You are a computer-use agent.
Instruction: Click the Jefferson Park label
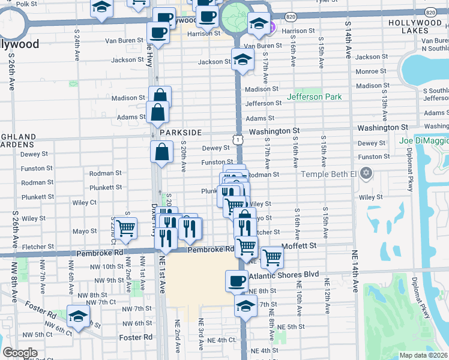pyautogui.click(x=314, y=97)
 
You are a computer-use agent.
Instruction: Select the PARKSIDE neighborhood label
pyautogui.click(x=178, y=132)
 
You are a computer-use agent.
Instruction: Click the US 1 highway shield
pyautogui.click(x=239, y=139)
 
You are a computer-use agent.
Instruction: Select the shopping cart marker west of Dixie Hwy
pyautogui.click(x=125, y=228)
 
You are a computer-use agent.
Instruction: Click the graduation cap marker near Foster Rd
pyautogui.click(x=77, y=316)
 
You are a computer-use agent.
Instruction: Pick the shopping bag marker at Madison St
pyautogui.click(x=160, y=96)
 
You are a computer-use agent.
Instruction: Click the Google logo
pyautogui.click(x=20, y=353)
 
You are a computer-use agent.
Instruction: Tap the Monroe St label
pyautogui.click(x=367, y=71)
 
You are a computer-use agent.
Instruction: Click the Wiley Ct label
pyautogui.click(x=85, y=203)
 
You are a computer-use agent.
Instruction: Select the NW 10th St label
pyautogui.click(x=109, y=266)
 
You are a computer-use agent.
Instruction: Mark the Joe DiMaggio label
pyautogui.click(x=423, y=140)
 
